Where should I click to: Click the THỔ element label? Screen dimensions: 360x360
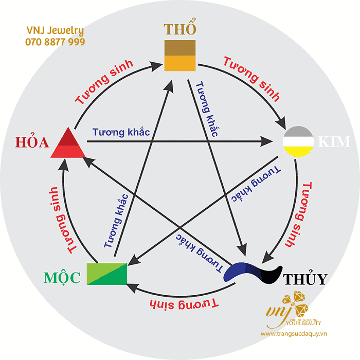point(180,27)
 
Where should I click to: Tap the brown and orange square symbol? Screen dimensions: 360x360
point(180,56)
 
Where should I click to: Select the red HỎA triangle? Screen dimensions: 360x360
point(68,143)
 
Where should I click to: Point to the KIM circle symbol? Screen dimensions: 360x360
point(298,141)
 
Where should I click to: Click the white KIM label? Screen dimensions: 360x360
point(334,141)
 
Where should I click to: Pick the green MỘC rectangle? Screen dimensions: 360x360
point(107,274)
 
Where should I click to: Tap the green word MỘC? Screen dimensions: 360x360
point(62,277)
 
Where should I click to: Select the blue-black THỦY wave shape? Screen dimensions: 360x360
point(253,273)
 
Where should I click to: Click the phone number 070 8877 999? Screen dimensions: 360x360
point(55,42)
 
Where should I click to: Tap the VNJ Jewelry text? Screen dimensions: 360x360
point(55,30)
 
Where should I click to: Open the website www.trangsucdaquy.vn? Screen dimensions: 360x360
point(294,334)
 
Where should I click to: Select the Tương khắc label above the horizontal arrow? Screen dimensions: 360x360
point(121,132)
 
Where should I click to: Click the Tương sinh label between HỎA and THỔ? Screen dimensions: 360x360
point(104,82)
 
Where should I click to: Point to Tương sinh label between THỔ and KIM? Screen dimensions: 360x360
point(251,79)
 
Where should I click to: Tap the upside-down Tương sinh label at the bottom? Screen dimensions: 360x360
point(184,304)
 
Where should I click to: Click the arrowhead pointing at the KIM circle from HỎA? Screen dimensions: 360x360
point(266,141)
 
